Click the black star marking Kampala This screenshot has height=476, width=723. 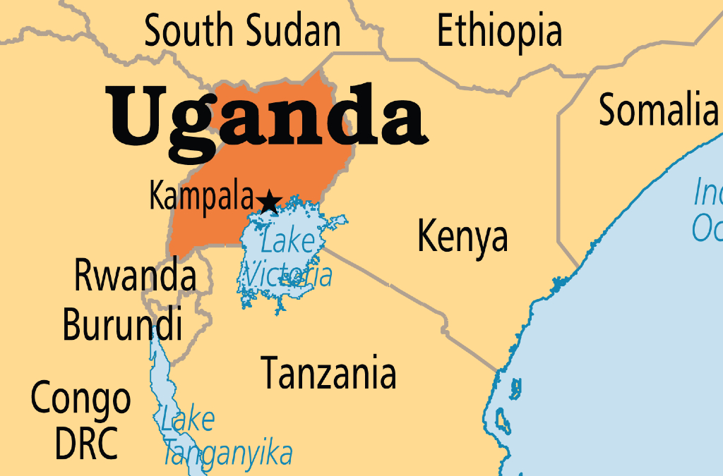point(268,202)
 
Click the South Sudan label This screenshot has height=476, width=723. point(242,32)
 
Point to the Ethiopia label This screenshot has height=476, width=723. point(499,32)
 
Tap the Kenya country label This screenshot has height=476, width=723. point(462,236)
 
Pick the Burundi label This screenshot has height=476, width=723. point(122,324)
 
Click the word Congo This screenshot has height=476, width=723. point(80,399)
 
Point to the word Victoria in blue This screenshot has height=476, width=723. point(287,274)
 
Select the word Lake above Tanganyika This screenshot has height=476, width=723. point(187,420)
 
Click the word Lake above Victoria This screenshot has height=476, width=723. point(287,242)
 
